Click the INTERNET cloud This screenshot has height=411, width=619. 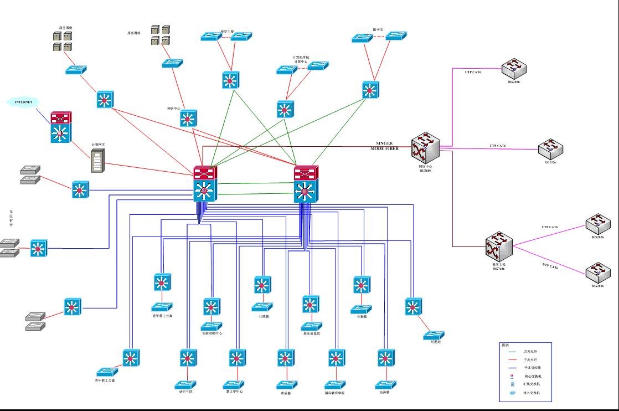[23, 102]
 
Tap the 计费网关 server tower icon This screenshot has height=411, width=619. [98, 161]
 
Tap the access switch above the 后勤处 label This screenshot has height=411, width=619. [434, 335]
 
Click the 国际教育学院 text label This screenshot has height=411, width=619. [334, 393]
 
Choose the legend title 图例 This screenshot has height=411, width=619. [505, 345]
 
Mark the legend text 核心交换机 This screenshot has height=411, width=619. [534, 376]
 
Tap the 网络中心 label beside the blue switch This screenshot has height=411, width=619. [174, 109]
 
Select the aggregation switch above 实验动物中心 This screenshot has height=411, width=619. [212, 307]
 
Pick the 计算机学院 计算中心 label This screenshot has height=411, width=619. [301, 59]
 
